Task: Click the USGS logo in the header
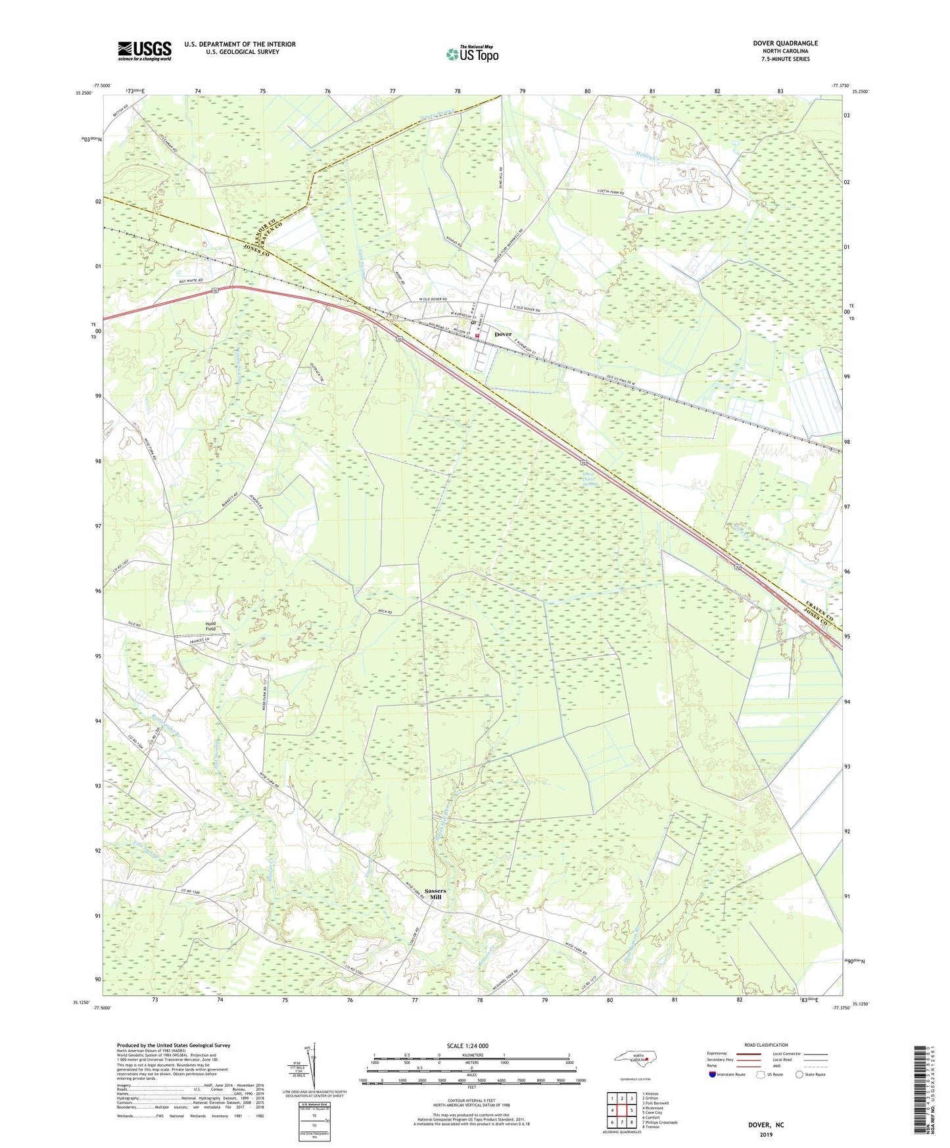point(144,51)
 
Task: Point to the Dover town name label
point(503,334)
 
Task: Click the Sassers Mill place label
point(435,894)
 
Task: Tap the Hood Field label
point(210,626)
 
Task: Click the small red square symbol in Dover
point(477,336)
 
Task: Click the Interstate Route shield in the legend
point(712,1075)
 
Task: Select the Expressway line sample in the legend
point(749,1053)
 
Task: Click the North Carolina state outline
point(631,1059)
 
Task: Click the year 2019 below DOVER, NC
point(766,1134)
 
